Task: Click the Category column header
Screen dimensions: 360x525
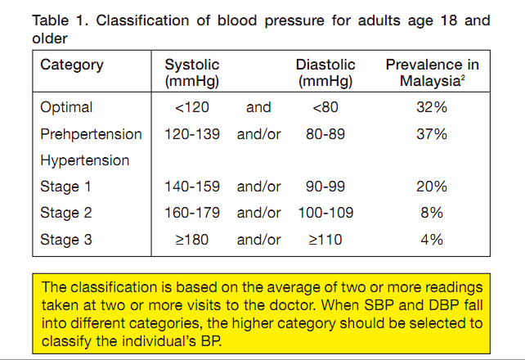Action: tap(71, 65)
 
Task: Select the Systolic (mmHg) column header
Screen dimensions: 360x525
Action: tap(192, 73)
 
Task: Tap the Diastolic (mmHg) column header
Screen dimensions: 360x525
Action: tap(325, 73)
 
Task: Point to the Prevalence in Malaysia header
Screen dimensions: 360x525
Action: tap(432, 73)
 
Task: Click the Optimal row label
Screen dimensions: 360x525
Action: tap(66, 107)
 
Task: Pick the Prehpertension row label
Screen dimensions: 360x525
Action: tap(91, 134)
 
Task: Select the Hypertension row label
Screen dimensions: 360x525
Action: tap(84, 160)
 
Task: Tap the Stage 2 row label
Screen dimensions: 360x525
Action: tap(66, 213)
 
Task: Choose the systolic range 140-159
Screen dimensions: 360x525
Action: tap(192, 187)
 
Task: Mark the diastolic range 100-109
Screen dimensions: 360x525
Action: tap(325, 213)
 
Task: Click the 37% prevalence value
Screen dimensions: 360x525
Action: tap(431, 134)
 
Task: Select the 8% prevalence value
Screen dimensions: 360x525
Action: tap(431, 213)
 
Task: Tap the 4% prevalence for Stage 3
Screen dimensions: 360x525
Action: tap(431, 240)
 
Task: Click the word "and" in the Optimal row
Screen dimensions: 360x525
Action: tap(258, 107)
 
